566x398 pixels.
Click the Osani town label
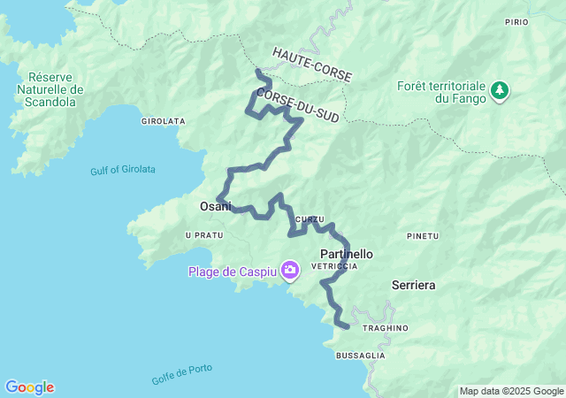tap(216, 206)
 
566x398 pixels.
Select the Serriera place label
tap(414, 285)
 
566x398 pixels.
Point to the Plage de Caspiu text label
tap(231, 272)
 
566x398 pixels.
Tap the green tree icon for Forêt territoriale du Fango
tap(501, 89)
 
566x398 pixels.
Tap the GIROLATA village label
tap(163, 121)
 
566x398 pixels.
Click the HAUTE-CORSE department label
tap(311, 65)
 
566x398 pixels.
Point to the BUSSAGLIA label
tap(360, 355)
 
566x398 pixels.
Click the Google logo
tap(29, 387)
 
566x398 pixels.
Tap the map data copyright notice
tap(510, 391)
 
